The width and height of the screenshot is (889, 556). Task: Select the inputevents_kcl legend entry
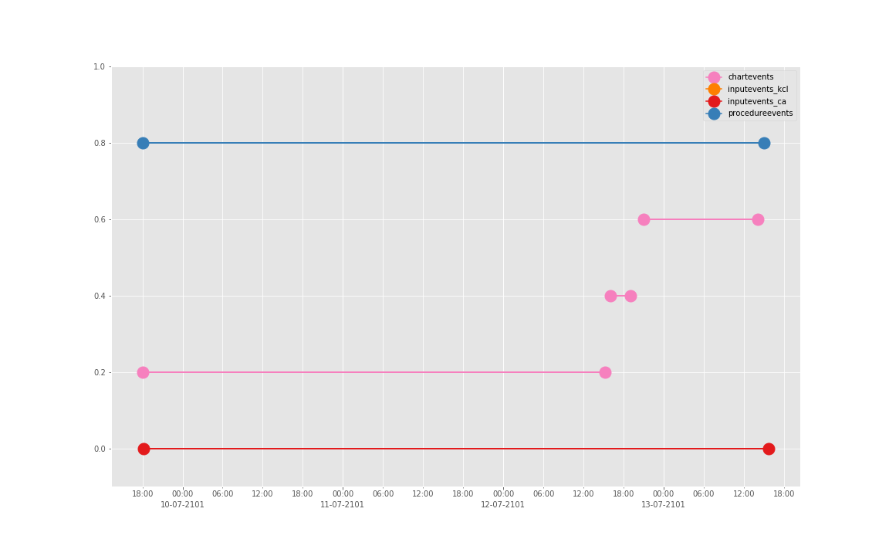(757, 90)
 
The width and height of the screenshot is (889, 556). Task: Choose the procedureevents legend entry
(759, 114)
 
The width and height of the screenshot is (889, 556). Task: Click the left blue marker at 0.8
(143, 143)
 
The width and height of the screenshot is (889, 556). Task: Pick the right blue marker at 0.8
(764, 143)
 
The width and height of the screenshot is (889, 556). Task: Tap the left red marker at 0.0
(144, 449)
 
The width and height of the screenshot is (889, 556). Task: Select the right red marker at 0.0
(769, 449)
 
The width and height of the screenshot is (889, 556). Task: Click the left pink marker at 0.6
(644, 219)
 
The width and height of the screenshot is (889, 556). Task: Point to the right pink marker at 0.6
(758, 219)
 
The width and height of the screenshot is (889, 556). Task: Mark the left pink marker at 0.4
(610, 296)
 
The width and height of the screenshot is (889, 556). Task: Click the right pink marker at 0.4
(630, 296)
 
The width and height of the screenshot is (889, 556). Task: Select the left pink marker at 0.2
(143, 372)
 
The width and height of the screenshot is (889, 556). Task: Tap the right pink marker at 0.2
(605, 372)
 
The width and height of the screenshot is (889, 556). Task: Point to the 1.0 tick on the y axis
(99, 67)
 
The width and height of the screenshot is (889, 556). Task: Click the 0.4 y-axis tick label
(99, 296)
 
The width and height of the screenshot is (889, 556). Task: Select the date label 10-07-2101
(182, 505)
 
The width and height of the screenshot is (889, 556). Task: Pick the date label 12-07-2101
(502, 505)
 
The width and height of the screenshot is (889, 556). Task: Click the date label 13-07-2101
(663, 505)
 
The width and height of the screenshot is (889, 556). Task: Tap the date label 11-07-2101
(342, 505)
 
